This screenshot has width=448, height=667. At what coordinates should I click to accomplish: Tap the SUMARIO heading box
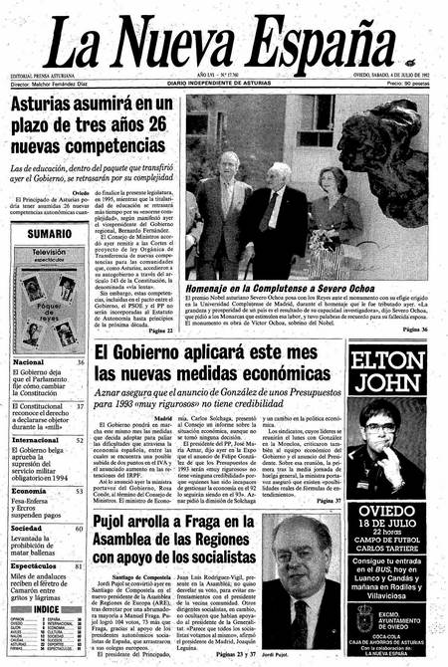point(50,232)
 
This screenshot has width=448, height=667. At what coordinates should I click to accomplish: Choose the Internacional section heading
point(36,439)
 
